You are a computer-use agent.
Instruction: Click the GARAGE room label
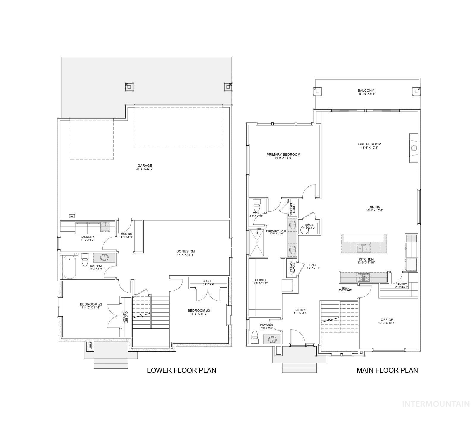coord(145,166)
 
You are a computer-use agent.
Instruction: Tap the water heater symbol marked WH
coord(72,216)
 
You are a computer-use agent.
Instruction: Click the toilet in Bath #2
coord(85,260)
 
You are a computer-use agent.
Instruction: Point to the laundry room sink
coord(105,227)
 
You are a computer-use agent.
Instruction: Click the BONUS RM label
coord(186,251)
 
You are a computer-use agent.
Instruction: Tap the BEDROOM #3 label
coord(199,311)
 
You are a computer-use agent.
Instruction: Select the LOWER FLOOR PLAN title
coord(181,370)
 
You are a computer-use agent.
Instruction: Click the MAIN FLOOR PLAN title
coord(387,370)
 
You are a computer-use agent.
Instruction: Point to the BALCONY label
coord(366,91)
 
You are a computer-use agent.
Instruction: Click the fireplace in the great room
coord(414,148)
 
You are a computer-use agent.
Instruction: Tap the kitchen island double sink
coord(363,248)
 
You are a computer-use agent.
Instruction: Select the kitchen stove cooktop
coord(364,277)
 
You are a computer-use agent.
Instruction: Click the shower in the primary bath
coord(258,243)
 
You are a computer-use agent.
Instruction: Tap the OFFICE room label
coord(387,320)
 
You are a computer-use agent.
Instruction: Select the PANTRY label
coord(401,284)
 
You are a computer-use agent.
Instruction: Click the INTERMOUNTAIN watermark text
coord(436,404)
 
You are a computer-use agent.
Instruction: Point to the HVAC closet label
coord(308,225)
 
